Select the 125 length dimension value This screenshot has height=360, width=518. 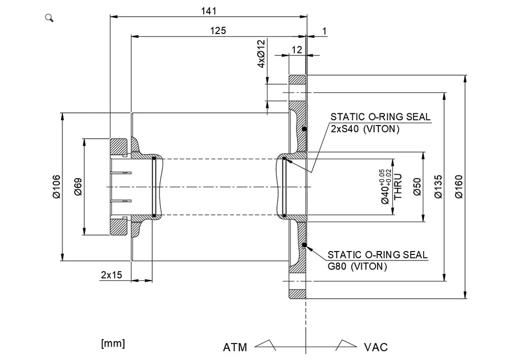click(x=218, y=31)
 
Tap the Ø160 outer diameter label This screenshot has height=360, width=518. click(x=459, y=187)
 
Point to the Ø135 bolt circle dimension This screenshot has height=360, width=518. click(x=438, y=187)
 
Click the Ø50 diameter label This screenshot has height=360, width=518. click(x=417, y=187)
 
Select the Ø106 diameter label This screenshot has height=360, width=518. click(x=56, y=187)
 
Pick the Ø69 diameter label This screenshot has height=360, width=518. click(x=78, y=187)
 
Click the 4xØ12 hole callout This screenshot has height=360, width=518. click(x=261, y=54)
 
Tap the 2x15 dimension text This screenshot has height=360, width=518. click(x=111, y=275)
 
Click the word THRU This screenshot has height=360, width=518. click(x=398, y=187)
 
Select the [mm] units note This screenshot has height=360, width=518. click(x=113, y=343)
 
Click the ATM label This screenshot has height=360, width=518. click(x=235, y=347)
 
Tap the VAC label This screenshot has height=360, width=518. click(x=376, y=347)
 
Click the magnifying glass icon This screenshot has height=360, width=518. click(x=49, y=18)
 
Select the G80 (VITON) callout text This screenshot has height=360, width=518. click(x=357, y=267)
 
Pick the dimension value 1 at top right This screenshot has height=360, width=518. click(x=324, y=31)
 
